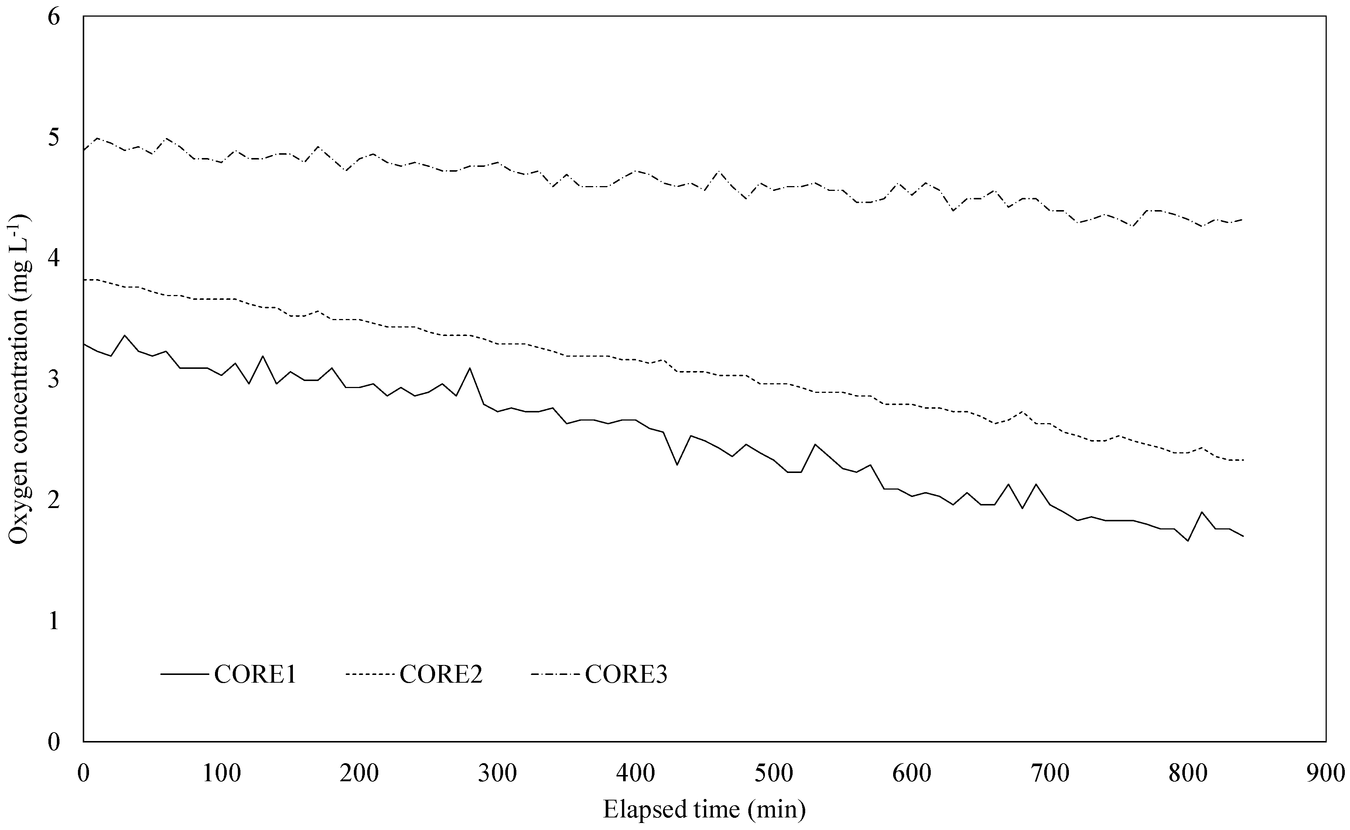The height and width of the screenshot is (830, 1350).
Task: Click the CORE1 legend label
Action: (x=255, y=674)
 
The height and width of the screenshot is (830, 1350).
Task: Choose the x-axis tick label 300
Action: (x=499, y=774)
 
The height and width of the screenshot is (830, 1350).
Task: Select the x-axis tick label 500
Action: (x=774, y=774)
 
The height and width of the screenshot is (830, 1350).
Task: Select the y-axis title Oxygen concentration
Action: (x=19, y=379)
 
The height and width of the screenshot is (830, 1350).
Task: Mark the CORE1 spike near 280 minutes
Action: (x=470, y=368)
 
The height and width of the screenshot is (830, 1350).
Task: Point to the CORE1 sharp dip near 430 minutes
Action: (x=677, y=465)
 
